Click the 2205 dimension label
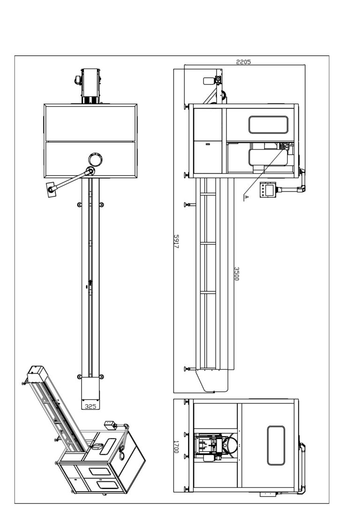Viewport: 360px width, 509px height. (243, 62)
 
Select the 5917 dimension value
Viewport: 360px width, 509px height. (176, 241)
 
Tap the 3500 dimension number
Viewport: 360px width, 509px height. (237, 274)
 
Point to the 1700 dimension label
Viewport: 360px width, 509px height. (176, 447)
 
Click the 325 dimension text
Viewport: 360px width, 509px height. (90, 406)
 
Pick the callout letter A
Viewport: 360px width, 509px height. (246, 197)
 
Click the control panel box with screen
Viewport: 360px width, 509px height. (268, 190)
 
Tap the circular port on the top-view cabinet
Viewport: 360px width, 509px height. (96, 159)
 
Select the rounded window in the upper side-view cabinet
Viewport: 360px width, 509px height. (268, 125)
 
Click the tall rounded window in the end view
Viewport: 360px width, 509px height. (276, 445)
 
